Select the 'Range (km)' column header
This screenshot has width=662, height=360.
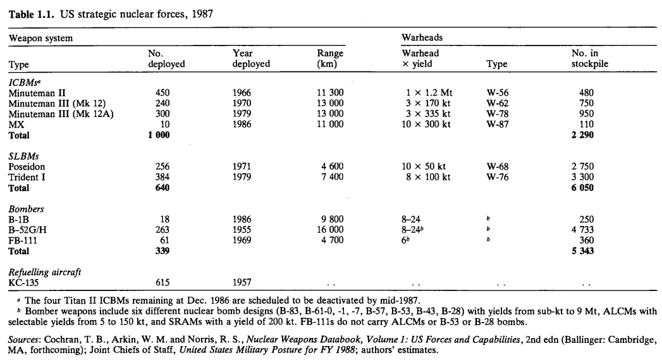pos(330,59)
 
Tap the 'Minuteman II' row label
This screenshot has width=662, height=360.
pos(32,92)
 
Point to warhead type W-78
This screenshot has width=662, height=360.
pos(498,114)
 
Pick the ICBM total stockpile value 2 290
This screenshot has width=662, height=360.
pos(582,135)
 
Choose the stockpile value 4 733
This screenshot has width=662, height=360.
pos(582,230)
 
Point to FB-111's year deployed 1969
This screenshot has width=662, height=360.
pos(242,240)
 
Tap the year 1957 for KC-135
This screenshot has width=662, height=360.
pos(242,283)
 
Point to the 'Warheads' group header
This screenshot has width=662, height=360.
pos(422,38)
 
